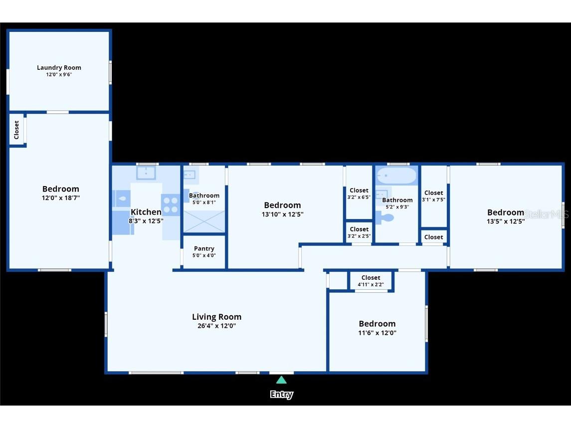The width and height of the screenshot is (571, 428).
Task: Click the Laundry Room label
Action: point(59,68)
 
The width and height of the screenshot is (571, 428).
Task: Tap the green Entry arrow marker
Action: point(282,380)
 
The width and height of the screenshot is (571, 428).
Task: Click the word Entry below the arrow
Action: point(282,395)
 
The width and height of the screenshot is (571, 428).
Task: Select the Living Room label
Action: point(216,317)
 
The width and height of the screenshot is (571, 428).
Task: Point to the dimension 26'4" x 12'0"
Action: point(216,326)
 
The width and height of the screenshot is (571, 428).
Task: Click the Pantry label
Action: point(204,248)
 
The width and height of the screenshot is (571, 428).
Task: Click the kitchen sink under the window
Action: point(146,173)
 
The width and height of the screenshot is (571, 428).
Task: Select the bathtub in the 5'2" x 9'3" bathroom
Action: point(396,176)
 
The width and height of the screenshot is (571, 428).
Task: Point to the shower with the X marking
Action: point(204,221)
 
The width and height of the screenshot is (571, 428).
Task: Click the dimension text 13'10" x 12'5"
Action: point(282,214)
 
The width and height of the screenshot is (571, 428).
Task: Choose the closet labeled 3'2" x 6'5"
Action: point(359,194)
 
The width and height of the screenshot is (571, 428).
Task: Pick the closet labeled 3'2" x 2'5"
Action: point(359,232)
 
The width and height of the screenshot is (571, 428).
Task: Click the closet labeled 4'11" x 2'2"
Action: point(371,281)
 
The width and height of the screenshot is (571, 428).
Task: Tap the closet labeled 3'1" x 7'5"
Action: point(433,196)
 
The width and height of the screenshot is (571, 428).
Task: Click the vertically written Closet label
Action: point(16,130)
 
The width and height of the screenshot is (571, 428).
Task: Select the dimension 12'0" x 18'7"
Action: point(60,198)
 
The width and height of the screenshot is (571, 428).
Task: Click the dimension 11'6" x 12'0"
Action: point(377,333)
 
